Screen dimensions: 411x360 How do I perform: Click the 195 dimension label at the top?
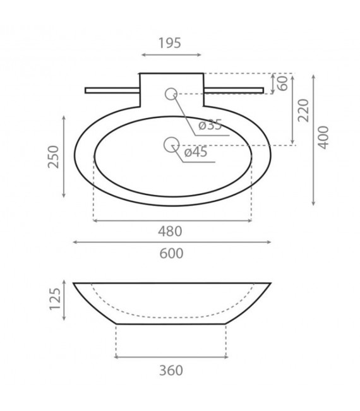click(169, 43)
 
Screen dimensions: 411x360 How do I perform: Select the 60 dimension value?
click(282, 83)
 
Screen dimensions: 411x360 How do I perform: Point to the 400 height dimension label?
click(323, 137)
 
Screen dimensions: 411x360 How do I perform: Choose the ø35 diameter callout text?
click(210, 125)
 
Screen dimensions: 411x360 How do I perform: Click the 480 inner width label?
click(171, 231)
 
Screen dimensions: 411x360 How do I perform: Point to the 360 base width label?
click(171, 370)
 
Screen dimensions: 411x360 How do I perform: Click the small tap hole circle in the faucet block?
click(171, 94)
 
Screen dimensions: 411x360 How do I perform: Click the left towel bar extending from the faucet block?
click(112, 90)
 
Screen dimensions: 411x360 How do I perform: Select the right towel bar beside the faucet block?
click(233, 90)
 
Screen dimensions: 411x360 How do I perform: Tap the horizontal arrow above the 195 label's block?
click(171, 55)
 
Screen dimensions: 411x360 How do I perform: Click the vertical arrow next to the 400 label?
click(314, 140)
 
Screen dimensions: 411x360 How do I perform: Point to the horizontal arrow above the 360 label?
click(171, 357)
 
